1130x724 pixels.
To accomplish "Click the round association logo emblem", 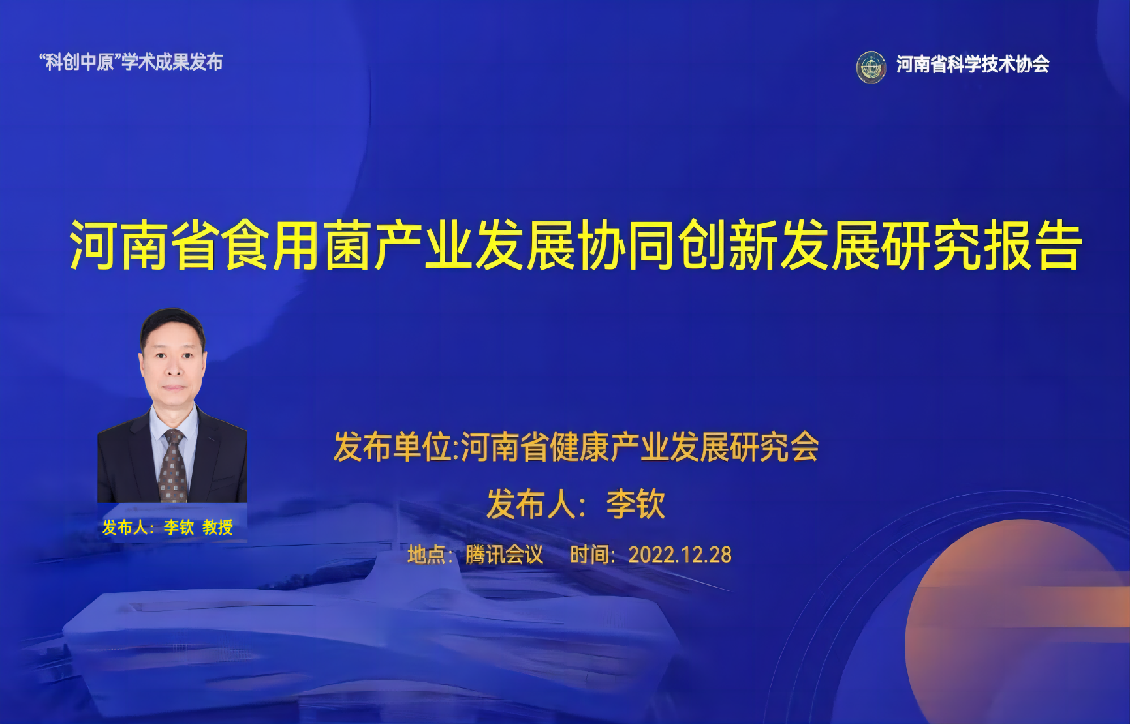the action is [x=871, y=67].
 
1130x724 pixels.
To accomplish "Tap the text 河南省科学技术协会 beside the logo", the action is [x=973, y=64].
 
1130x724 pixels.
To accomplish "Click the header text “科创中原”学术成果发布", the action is [x=131, y=62].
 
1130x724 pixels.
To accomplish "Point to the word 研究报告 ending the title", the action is [x=982, y=245].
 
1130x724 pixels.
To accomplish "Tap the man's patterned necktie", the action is [x=173, y=465].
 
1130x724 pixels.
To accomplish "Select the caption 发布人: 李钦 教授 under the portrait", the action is [x=167, y=527].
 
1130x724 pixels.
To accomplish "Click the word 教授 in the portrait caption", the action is [x=217, y=527].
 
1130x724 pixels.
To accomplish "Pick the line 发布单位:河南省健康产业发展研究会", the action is [x=576, y=447].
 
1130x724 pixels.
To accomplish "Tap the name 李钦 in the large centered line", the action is [x=636, y=504].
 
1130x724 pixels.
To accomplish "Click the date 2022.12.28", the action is [x=680, y=555].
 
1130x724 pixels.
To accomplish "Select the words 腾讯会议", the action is [x=504, y=555].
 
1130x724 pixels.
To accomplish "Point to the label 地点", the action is [x=426, y=555].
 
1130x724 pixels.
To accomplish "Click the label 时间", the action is [x=589, y=555].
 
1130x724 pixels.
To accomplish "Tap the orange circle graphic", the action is [x=1018, y=627].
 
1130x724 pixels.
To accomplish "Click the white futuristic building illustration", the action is [x=366, y=627].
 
